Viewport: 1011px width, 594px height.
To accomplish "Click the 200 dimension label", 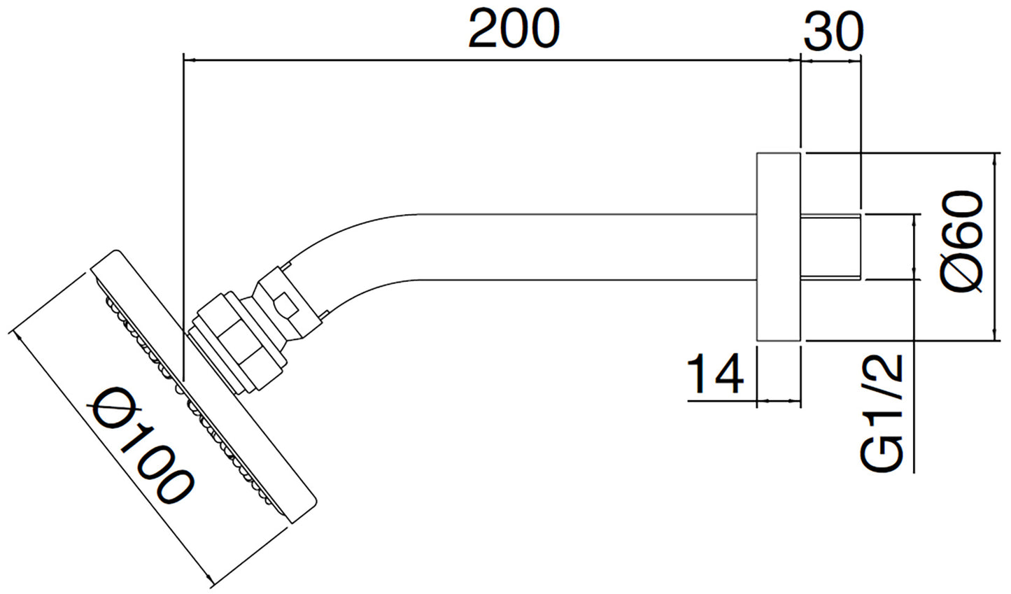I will [x=514, y=30].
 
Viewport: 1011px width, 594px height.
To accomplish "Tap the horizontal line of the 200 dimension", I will [x=490, y=61].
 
